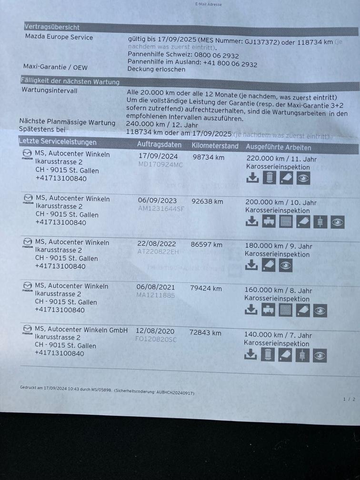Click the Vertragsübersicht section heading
click(52, 28)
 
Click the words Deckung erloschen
click(156, 69)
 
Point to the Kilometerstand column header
click(215, 146)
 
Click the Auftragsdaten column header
click(159, 144)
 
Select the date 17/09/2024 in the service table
click(158, 156)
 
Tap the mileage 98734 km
click(209, 157)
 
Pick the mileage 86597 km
click(207, 245)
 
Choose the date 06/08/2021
click(156, 287)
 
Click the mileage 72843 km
click(205, 333)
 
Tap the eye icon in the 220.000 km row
click(303, 178)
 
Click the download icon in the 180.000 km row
click(251, 265)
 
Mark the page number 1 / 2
click(349, 399)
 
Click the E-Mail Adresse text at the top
click(209, 4)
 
